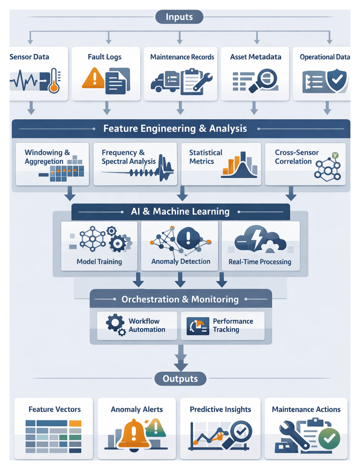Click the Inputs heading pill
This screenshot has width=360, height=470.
(179, 18)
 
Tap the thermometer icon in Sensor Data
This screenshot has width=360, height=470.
(53, 80)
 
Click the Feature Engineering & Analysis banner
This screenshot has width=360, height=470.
(175, 129)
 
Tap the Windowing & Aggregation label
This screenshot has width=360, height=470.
(47, 157)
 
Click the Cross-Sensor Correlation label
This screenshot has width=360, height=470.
(293, 157)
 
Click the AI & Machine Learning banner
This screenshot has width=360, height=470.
(180, 211)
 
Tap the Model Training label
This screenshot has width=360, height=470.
(99, 262)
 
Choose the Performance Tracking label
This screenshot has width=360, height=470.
(233, 325)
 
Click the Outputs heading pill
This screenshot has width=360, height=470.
(180, 379)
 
